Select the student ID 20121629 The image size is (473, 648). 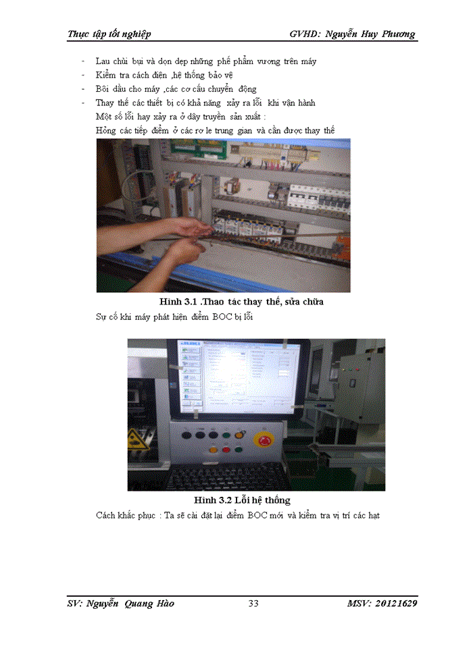tap(391, 603)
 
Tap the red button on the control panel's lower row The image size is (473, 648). tap(214, 449)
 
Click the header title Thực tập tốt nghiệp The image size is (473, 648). tap(109, 34)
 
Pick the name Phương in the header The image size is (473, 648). tap(393, 34)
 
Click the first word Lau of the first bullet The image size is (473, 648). tap(104, 61)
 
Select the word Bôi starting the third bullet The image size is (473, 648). tap(105, 89)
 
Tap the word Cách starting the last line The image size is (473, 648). tap(109, 516)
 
